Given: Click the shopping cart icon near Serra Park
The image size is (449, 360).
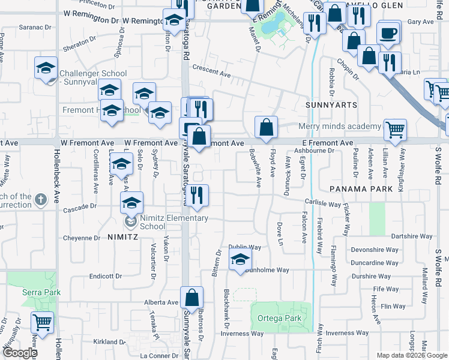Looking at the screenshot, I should (43, 322).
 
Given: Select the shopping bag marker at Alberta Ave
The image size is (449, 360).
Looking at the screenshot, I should (191, 297).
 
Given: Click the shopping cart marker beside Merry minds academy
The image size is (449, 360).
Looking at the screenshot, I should (395, 129).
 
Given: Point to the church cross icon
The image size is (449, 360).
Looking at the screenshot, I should (40, 200).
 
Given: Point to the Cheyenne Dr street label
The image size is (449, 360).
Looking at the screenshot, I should (82, 238).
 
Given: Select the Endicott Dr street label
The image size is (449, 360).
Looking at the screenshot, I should (105, 277).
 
